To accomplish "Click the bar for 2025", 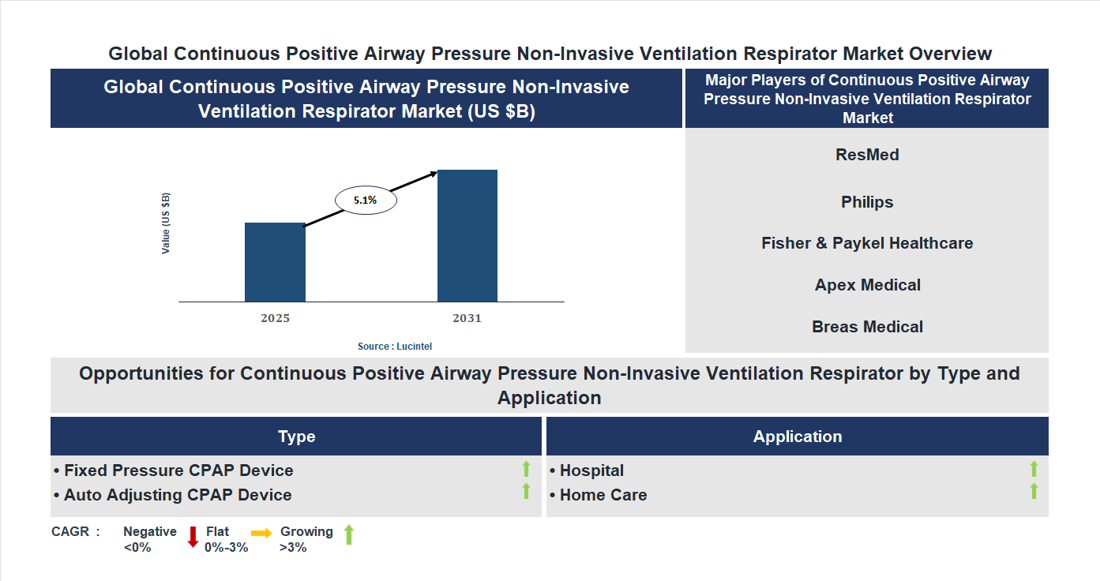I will click(275, 262).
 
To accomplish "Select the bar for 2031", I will click(467, 235).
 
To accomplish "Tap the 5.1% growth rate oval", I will click(366, 201).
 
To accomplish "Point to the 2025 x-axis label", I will click(275, 319).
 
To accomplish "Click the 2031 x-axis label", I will click(467, 319).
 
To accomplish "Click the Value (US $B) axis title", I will click(166, 223).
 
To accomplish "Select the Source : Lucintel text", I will click(395, 347).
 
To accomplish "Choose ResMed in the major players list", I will click(867, 155).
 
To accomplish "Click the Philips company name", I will click(867, 202).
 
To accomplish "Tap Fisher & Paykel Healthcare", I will click(867, 243).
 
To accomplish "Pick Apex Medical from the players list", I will click(867, 285).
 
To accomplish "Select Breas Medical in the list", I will click(867, 327).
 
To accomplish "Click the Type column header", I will click(296, 437).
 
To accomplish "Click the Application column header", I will click(797, 437).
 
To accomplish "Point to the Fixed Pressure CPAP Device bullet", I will click(174, 470).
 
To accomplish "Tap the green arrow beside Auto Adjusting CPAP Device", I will click(526, 491).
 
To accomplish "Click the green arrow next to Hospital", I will click(1034, 469).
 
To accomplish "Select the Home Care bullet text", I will click(599, 495).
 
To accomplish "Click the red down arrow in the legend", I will click(193, 537).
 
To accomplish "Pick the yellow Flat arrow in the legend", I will click(261, 534).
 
